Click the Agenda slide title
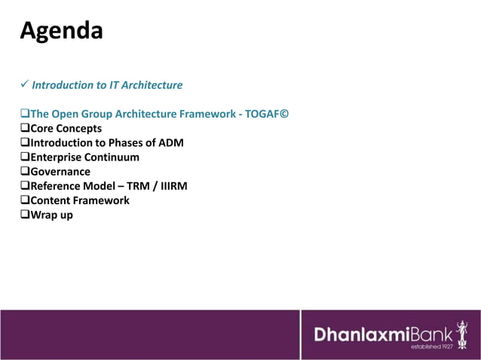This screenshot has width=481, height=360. click(x=61, y=32)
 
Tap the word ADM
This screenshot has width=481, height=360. click(x=170, y=143)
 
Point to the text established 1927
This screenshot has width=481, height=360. click(x=431, y=347)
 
